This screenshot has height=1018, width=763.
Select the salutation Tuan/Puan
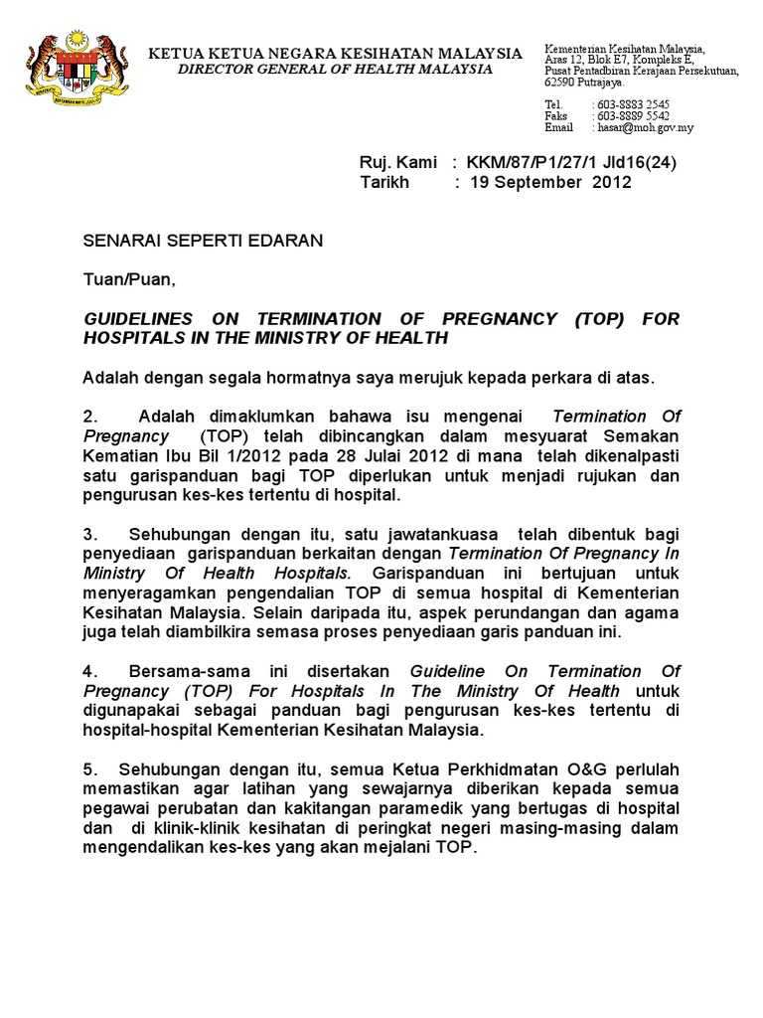(x=128, y=280)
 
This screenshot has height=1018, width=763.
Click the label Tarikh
(x=383, y=183)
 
